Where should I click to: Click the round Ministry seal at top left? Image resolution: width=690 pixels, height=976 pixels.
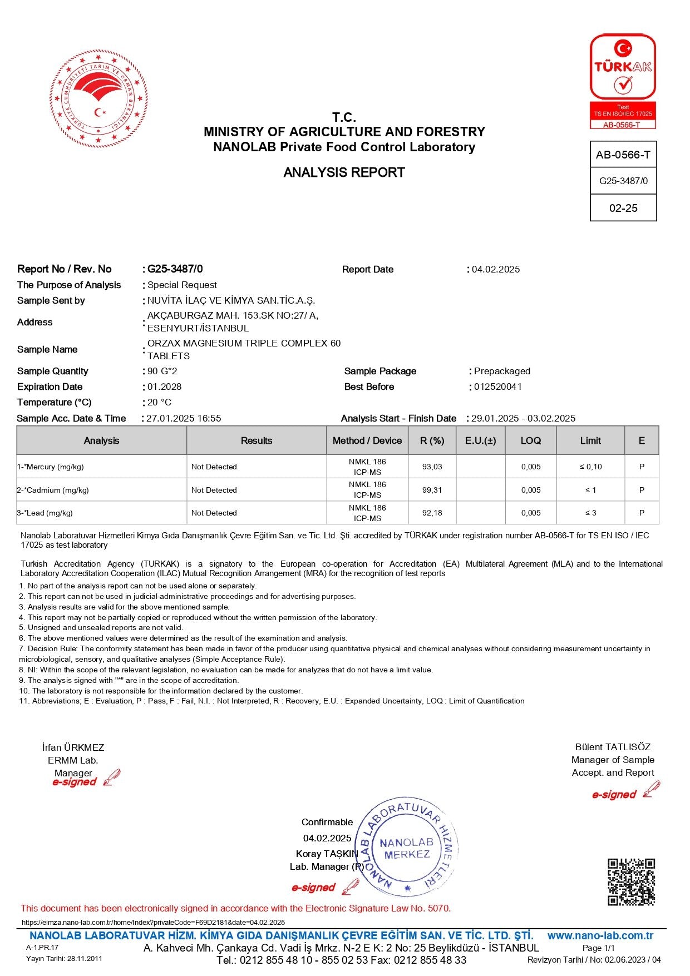[x=99, y=99]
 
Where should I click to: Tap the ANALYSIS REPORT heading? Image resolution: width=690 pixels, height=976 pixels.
[x=344, y=172]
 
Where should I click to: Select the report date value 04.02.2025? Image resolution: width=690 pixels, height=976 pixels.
[x=496, y=269]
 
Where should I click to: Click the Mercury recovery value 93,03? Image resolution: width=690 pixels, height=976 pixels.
[x=432, y=467]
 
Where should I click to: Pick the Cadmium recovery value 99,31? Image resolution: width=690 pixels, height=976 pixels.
[x=432, y=490]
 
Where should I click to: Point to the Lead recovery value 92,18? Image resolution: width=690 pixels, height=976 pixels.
[x=432, y=513]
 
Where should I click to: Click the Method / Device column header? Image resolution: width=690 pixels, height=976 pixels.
[x=367, y=440]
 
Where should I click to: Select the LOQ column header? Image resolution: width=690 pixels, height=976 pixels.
[x=530, y=440]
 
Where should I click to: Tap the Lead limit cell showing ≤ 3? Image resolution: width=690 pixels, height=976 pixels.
[x=590, y=513]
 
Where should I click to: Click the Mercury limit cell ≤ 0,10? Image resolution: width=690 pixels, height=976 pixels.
[x=590, y=467]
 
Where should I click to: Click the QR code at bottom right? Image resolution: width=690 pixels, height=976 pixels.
[x=631, y=882]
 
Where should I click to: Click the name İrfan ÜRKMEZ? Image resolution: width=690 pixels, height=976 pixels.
[x=73, y=747]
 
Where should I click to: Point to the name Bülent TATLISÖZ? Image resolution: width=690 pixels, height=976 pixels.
[x=613, y=747]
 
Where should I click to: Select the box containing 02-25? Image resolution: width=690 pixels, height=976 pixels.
[x=623, y=208]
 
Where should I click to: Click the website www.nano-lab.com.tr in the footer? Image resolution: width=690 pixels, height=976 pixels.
[x=600, y=935]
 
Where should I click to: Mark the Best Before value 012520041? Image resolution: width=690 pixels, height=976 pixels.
[x=498, y=387]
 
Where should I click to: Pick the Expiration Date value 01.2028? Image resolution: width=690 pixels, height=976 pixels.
[x=164, y=387]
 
